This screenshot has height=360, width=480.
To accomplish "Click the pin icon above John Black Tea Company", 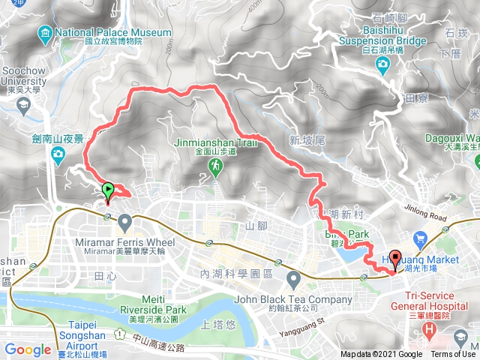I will tap(294, 280).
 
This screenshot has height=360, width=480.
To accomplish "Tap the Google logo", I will tap(28, 349).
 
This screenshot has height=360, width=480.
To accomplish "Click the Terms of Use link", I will tap(453, 355).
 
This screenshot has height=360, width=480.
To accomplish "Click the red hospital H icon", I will tap(429, 329).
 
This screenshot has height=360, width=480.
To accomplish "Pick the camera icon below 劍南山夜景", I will tap(57, 154).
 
